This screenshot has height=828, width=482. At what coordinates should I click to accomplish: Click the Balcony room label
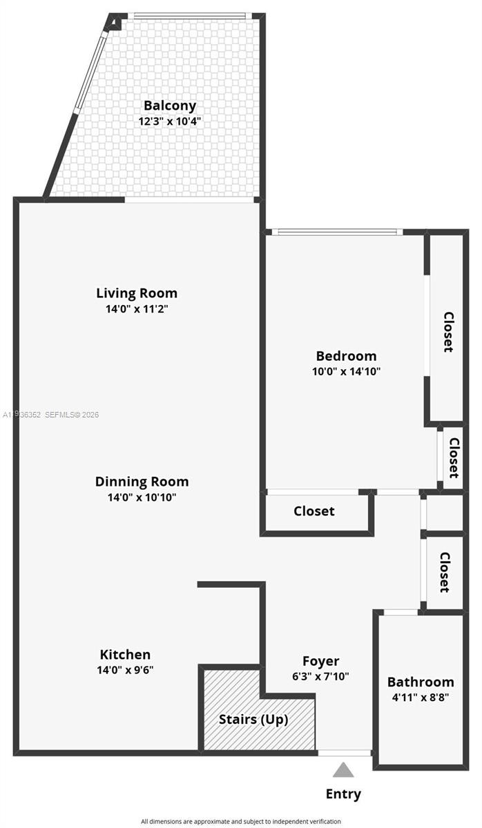pyautogui.click(x=170, y=106)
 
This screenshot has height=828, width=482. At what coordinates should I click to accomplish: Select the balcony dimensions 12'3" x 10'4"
pyautogui.click(x=170, y=121)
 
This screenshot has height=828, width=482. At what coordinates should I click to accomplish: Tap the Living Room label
pyautogui.click(x=137, y=293)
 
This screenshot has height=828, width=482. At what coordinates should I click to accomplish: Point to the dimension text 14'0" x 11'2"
pyautogui.click(x=137, y=309)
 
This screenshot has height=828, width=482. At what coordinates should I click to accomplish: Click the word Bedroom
pyautogui.click(x=346, y=356)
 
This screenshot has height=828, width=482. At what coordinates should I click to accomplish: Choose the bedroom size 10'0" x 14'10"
pyautogui.click(x=346, y=371)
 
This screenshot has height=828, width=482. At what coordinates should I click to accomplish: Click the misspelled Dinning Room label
pyautogui.click(x=142, y=482)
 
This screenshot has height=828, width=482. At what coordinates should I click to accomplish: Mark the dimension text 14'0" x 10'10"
pyautogui.click(x=142, y=497)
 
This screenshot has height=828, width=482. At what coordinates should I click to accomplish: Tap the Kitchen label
pyautogui.click(x=125, y=654)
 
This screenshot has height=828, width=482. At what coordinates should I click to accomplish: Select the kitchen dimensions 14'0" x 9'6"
pyautogui.click(x=125, y=669)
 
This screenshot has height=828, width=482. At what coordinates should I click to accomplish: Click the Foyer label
pyautogui.click(x=321, y=661)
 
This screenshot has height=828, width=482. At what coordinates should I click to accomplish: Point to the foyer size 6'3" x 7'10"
pyautogui.click(x=321, y=676)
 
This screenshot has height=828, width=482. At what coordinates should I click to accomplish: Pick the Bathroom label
pyautogui.click(x=421, y=682)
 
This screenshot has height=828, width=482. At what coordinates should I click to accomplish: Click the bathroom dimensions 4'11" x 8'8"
pyautogui.click(x=421, y=697)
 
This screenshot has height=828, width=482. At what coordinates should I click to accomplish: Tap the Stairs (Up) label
pyautogui.click(x=253, y=719)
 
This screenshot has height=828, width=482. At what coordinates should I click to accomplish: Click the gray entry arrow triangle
pyautogui.click(x=343, y=770)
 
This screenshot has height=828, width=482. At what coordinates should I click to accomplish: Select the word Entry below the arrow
pyautogui.click(x=343, y=794)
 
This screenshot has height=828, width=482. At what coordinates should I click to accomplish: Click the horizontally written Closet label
pyautogui.click(x=314, y=511)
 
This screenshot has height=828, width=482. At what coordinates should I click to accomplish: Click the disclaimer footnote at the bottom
pyautogui.click(x=241, y=821)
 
